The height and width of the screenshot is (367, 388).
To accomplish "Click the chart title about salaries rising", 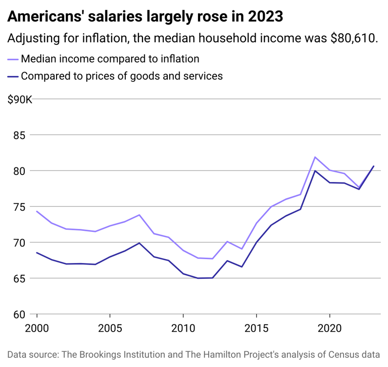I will tap(145, 17).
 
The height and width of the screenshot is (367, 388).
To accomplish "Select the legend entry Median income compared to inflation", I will tap(110, 58).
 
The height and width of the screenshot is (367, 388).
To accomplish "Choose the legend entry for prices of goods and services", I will tap(122, 76).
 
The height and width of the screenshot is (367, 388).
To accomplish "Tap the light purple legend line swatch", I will tap(13, 59).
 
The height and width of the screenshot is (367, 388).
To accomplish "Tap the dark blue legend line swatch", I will tap(13, 77).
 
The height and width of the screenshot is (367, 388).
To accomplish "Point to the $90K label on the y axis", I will tap(20, 99).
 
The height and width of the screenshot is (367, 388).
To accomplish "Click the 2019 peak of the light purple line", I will tap(315, 157).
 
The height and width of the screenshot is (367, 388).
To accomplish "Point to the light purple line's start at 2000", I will tap(37, 211).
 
